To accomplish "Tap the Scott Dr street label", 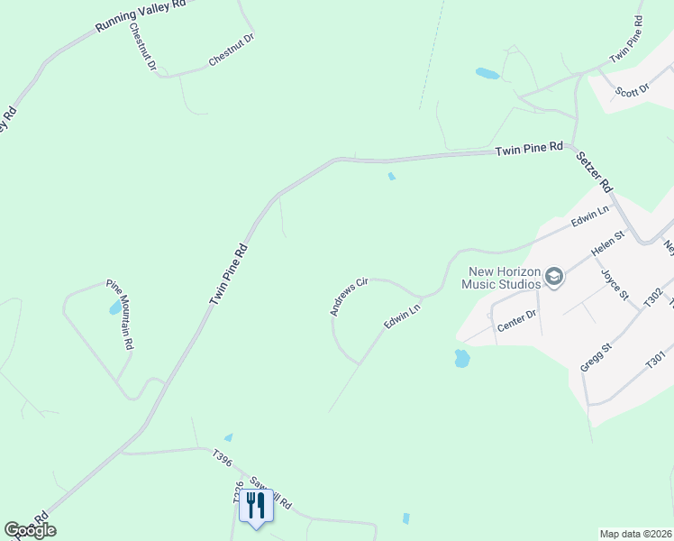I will point(632,90).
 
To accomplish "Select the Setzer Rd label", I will point(595,170).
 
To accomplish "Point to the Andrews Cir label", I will point(349,297).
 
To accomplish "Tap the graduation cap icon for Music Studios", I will point(554,277).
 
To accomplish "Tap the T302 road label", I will point(653,297).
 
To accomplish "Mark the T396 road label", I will point(223,459).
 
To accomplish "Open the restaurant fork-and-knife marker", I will point(256,507).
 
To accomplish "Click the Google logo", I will point(30,530).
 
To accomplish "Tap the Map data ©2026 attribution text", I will point(635,534).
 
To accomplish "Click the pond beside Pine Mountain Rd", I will point(115,309).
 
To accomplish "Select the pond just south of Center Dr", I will point(462,359).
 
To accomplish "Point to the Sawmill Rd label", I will point(272,494).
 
